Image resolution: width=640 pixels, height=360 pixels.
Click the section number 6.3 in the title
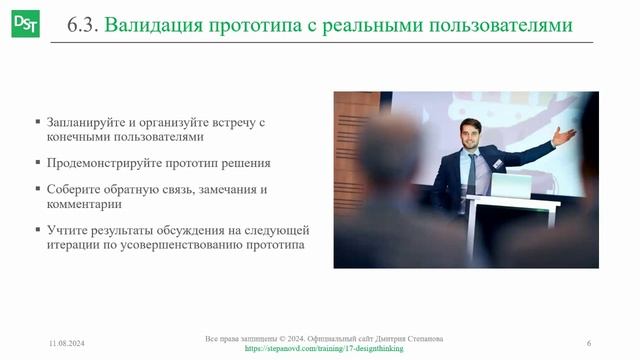coord(81,25)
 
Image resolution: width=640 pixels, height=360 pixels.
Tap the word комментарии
coord(84,203)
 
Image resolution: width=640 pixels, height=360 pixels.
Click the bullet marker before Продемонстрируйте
coord(37,162)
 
